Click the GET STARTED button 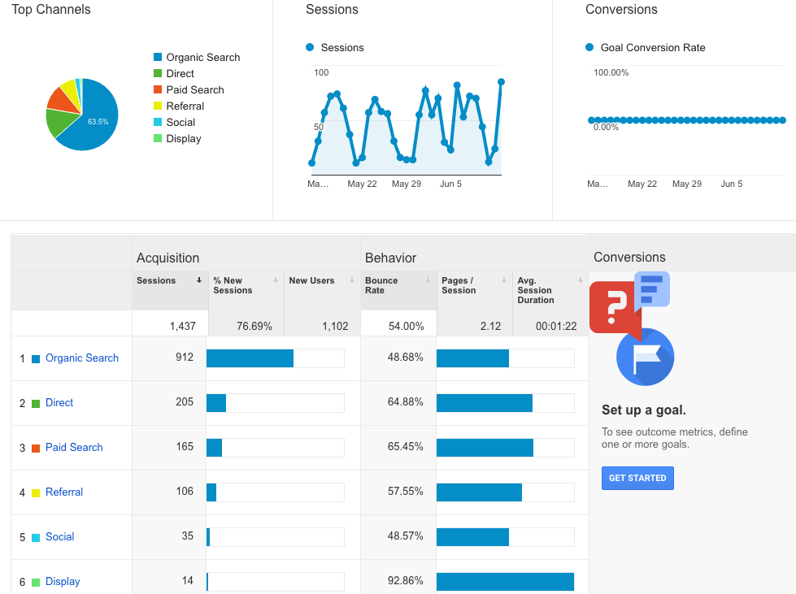tap(637, 478)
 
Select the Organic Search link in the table tap(81, 358)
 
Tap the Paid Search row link tap(74, 448)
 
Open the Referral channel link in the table tap(64, 492)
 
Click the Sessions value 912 tap(185, 358)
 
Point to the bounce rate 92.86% tap(406, 582)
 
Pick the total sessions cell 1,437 tap(183, 326)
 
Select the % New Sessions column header tap(233, 285)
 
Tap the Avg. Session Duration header tap(536, 290)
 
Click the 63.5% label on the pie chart tap(98, 122)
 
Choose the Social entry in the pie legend tap(181, 123)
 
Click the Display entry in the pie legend tap(183, 139)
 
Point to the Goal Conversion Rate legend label tap(652, 48)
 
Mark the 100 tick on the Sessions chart tap(321, 73)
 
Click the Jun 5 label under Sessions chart tap(450, 184)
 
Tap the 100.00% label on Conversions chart tap(611, 73)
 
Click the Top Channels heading tap(51, 10)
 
